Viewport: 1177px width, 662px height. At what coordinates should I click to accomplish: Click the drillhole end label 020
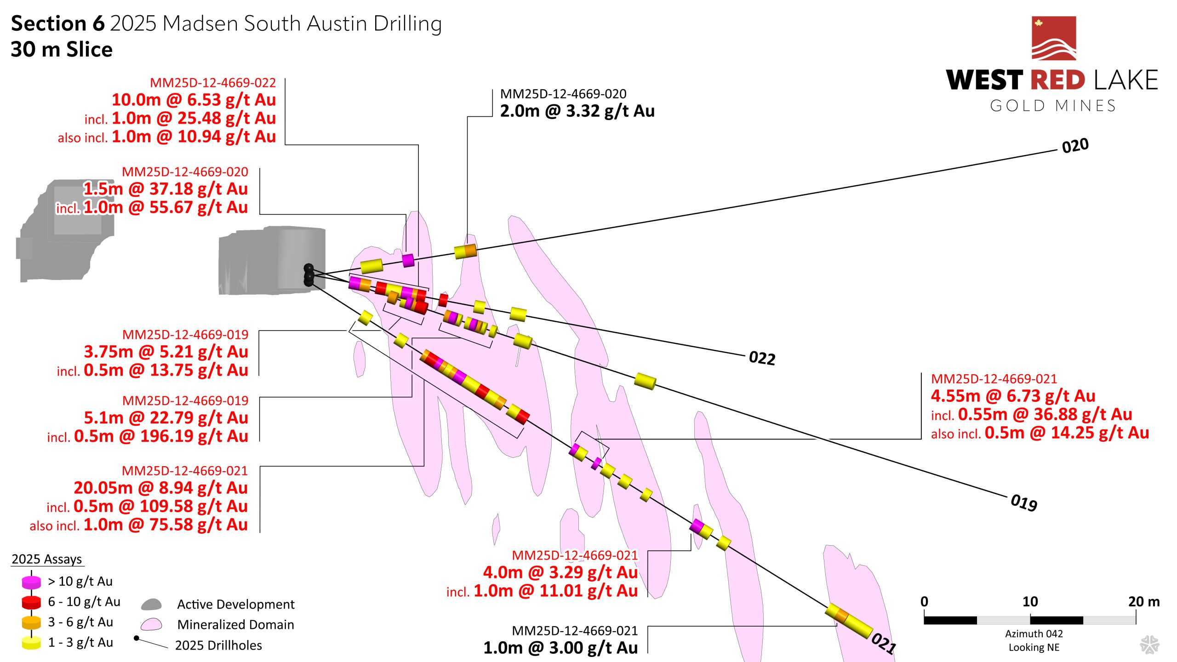coord(1075,146)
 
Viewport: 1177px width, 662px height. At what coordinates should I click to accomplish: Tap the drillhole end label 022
coord(762,358)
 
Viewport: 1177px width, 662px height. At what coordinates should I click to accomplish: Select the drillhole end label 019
coord(1023,502)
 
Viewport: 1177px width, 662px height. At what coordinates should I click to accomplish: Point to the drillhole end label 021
coord(883,643)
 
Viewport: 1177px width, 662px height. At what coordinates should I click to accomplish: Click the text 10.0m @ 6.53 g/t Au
coord(194,100)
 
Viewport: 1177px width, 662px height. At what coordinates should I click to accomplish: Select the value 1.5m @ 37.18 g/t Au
coord(165,189)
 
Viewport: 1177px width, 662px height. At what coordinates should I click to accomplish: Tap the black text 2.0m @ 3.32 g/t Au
coord(577,111)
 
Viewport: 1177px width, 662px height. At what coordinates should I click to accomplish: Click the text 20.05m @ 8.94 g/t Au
coord(160,488)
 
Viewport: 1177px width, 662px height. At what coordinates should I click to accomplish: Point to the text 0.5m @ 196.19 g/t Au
coord(161,436)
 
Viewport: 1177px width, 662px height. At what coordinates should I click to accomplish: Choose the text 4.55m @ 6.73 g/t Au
coord(1013,396)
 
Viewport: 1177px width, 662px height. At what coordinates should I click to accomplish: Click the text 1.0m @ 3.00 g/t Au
coord(560,648)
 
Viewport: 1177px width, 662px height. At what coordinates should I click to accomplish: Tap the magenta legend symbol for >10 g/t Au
coord(31,582)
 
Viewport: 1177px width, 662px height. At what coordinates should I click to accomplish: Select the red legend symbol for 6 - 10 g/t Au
coord(31,602)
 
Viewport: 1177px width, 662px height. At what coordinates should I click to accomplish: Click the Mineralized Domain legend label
coord(235,625)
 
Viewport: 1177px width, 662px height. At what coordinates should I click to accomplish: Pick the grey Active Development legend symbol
coord(151,605)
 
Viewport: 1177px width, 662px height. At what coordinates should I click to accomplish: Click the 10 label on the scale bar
coord(1030,602)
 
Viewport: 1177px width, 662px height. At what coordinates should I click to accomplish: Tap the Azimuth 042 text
coord(1034,634)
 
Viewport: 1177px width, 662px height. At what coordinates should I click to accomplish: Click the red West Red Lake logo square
coord(1054,38)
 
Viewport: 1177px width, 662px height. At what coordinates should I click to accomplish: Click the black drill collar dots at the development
coord(309,275)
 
